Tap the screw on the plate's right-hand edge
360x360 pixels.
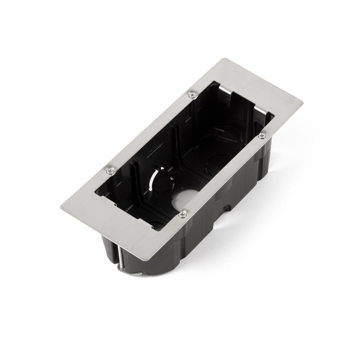pos(261,135)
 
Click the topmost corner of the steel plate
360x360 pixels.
pos(224,58)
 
